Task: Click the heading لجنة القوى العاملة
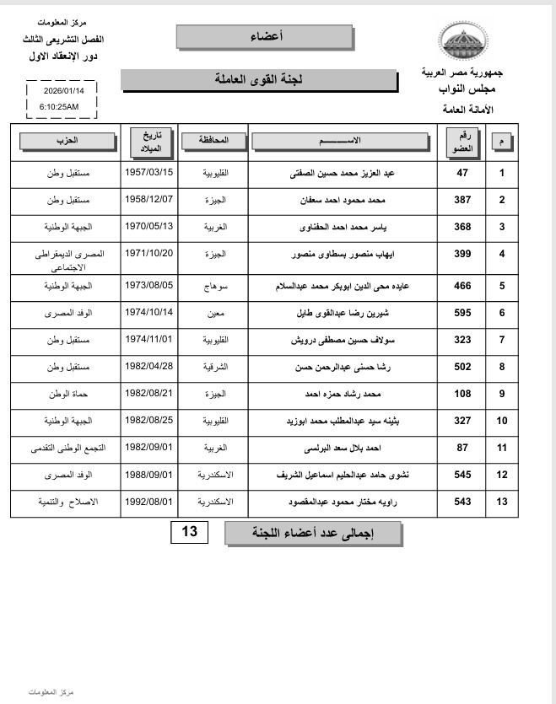pyautogui.click(x=259, y=80)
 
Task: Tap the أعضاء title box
pyautogui.click(x=264, y=36)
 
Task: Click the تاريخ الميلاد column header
pyautogui.click(x=148, y=141)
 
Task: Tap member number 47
pyautogui.click(x=462, y=173)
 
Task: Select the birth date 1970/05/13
pyautogui.click(x=148, y=227)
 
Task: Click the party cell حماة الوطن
pyautogui.click(x=67, y=393)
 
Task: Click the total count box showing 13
pyautogui.click(x=190, y=532)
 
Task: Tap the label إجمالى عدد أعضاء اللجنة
pyautogui.click(x=313, y=534)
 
